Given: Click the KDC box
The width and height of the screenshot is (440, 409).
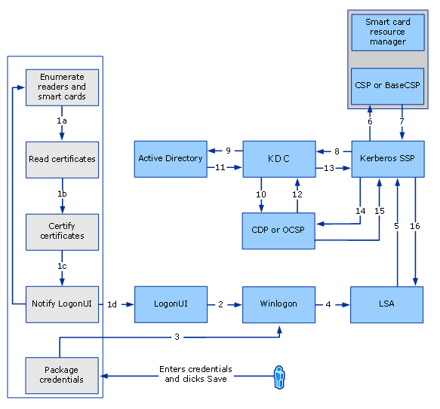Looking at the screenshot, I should pyautogui.click(x=278, y=159).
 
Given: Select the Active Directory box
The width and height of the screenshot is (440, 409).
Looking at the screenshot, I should pyautogui.click(x=171, y=159).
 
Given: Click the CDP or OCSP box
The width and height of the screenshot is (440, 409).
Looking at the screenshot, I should pyautogui.click(x=278, y=230).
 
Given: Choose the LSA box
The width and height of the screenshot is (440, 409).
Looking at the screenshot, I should pyautogui.click(x=386, y=304).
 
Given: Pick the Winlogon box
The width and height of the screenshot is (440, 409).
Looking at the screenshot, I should pyautogui.click(x=278, y=304).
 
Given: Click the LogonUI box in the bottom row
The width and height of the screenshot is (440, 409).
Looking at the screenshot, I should pyautogui.click(x=171, y=304).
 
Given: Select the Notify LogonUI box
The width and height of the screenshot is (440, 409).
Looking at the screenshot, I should pyautogui.click(x=62, y=304).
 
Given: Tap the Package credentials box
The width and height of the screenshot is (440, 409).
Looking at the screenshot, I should pyautogui.click(x=62, y=375).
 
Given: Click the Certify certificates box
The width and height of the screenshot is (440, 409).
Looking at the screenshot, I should pyautogui.click(x=62, y=231).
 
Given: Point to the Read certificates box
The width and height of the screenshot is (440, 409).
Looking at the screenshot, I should pyautogui.click(x=62, y=159).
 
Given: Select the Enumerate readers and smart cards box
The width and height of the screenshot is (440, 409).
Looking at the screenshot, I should pyautogui.click(x=62, y=87).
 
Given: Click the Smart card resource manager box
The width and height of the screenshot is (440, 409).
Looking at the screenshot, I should pyautogui.click(x=387, y=32).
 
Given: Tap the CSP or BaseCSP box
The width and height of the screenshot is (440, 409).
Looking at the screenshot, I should pyautogui.click(x=387, y=86).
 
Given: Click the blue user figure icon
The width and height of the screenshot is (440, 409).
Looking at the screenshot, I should pyautogui.click(x=278, y=374).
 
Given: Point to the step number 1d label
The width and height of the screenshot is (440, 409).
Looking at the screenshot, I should pyautogui.click(x=112, y=304).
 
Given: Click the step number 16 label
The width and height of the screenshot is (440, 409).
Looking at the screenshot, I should pyautogui.click(x=415, y=226).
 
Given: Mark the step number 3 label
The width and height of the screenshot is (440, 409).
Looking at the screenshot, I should pyautogui.click(x=177, y=337).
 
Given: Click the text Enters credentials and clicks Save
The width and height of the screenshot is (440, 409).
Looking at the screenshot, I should pyautogui.click(x=195, y=374).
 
